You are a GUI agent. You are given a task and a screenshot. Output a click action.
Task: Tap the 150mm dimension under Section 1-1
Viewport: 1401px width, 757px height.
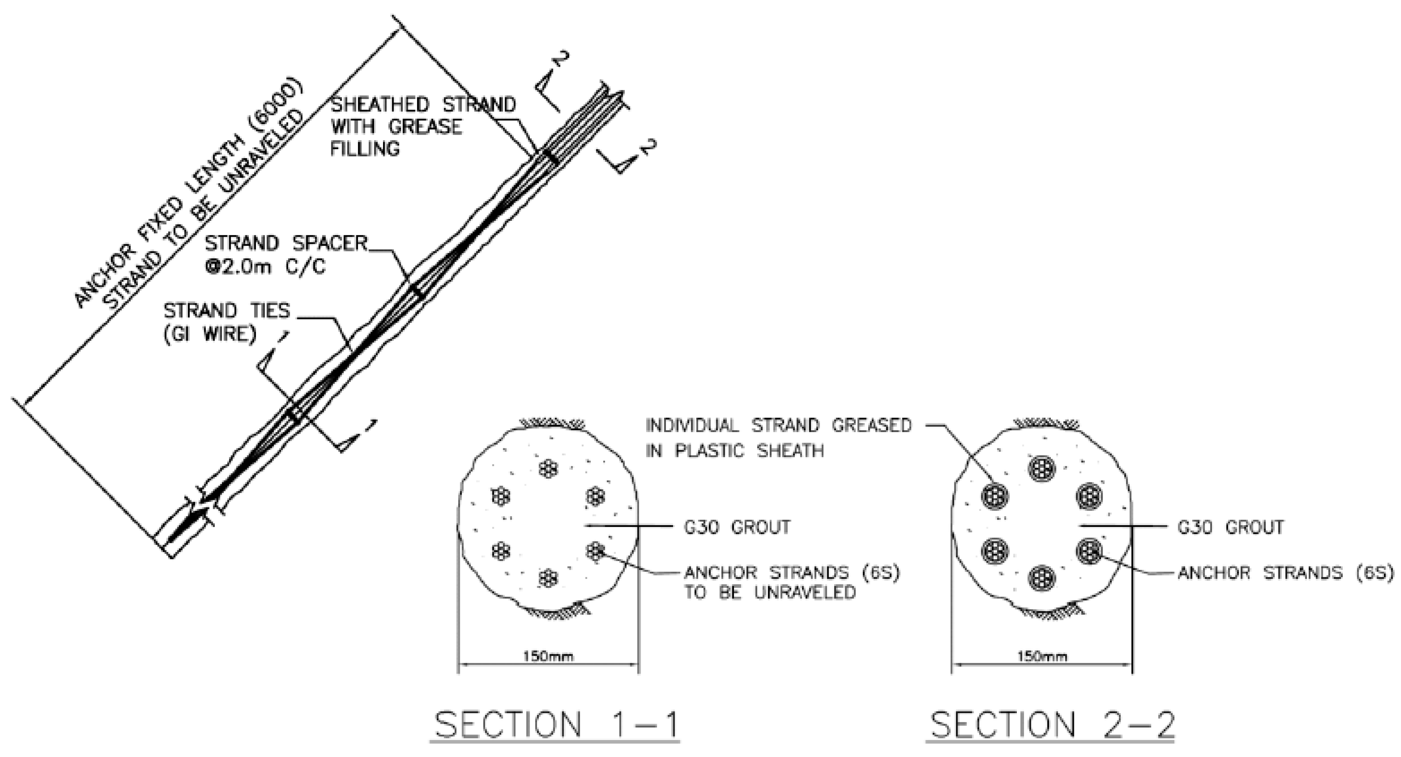[548, 656]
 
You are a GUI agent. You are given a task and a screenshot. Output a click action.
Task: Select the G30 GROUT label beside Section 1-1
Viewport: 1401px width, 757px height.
[737, 527]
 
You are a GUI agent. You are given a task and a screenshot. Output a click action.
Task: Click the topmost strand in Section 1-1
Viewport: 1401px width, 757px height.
[548, 468]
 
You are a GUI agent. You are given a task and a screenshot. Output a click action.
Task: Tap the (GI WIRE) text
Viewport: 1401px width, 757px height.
[210, 334]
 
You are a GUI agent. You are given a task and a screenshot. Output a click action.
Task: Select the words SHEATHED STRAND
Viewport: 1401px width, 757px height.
[423, 104]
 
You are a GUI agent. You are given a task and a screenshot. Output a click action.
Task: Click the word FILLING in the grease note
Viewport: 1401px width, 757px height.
[365, 149]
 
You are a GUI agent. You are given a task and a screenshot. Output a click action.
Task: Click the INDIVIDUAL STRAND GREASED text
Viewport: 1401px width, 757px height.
[778, 425]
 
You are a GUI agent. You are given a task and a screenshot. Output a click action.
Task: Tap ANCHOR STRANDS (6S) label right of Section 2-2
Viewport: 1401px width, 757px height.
[1286, 572]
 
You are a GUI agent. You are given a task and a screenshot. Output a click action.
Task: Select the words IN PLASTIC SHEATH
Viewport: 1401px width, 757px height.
[734, 451]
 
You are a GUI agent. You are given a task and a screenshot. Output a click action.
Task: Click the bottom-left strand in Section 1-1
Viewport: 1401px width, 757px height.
[500, 551]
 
